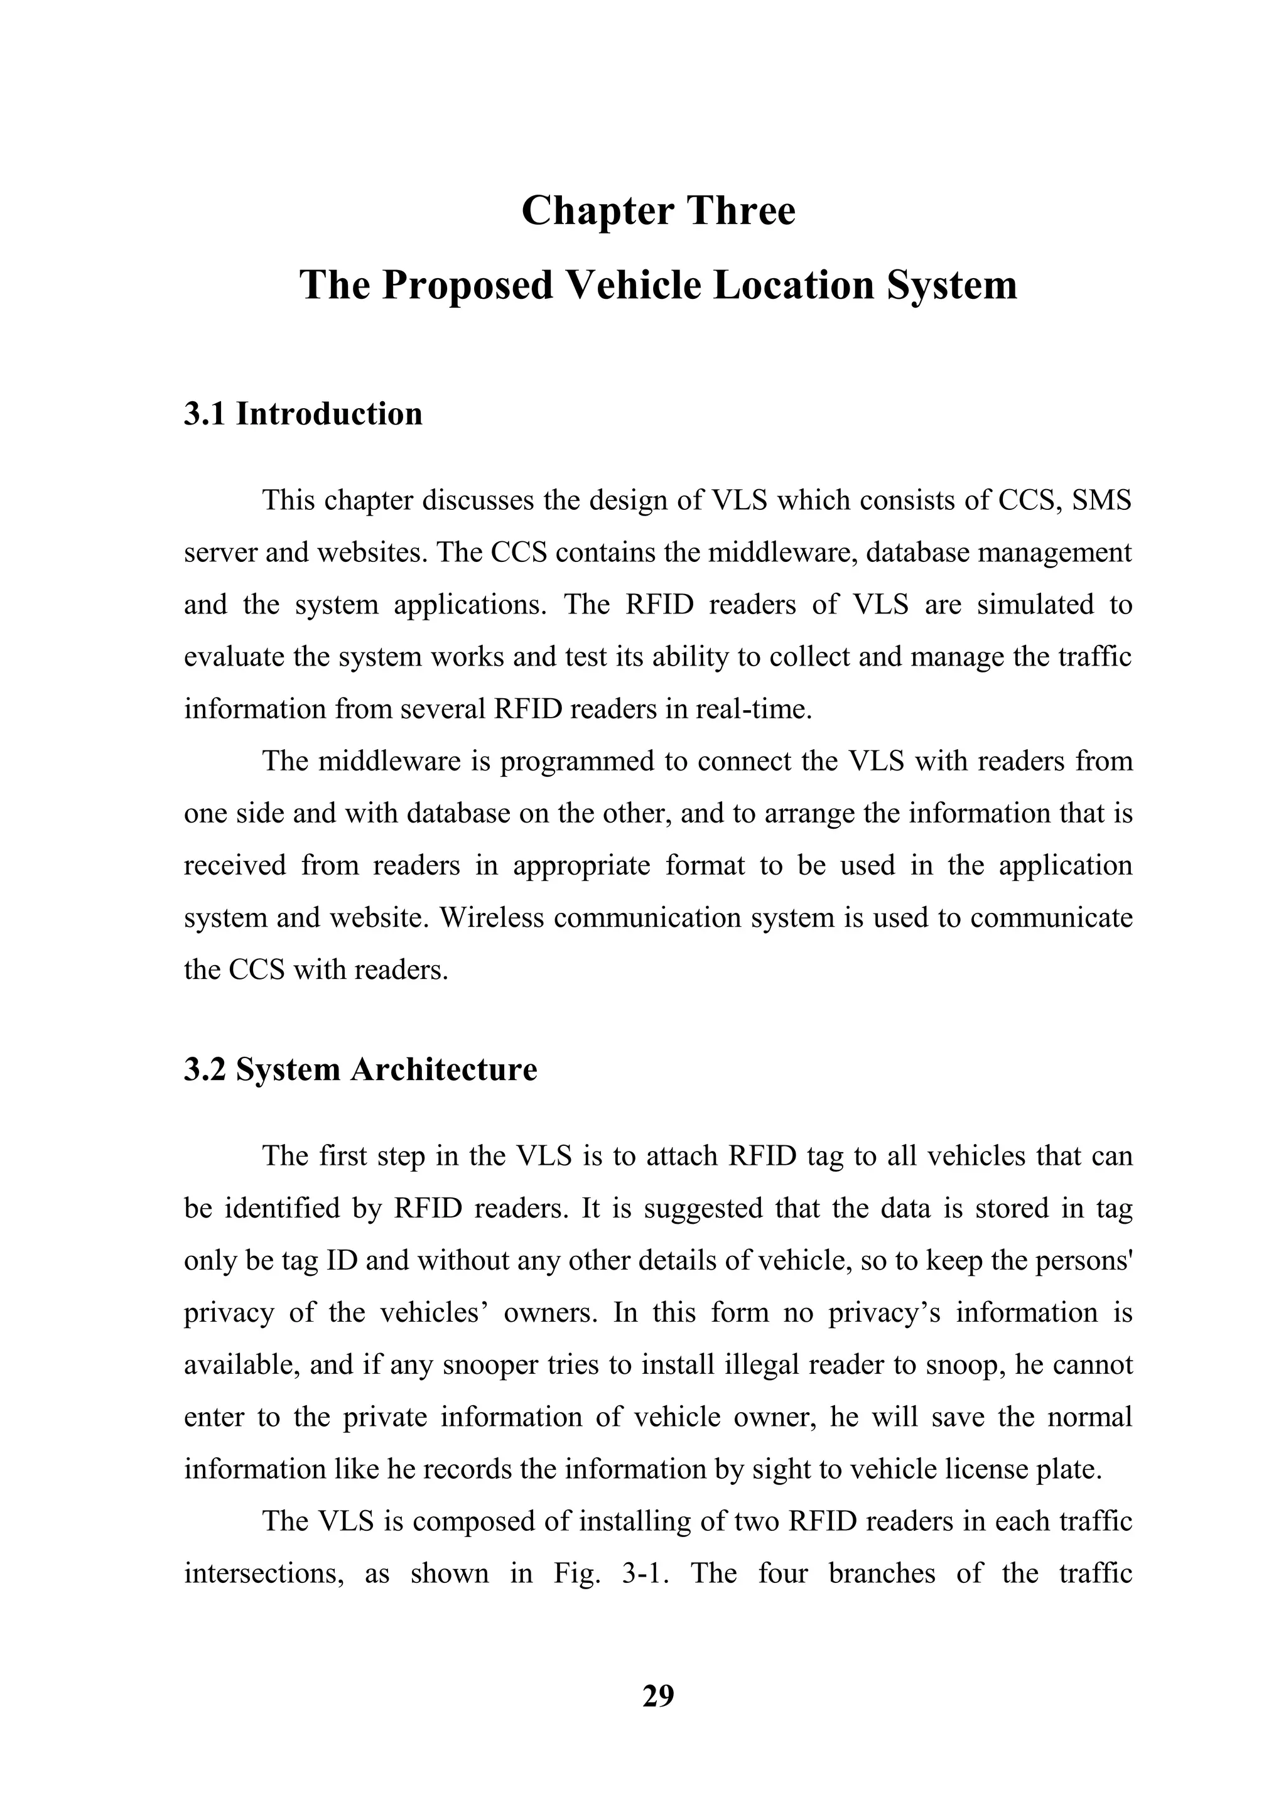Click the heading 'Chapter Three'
point(657,212)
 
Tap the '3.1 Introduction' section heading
point(303,414)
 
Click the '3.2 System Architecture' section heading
point(360,1069)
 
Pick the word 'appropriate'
point(581,865)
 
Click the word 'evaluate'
point(234,657)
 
